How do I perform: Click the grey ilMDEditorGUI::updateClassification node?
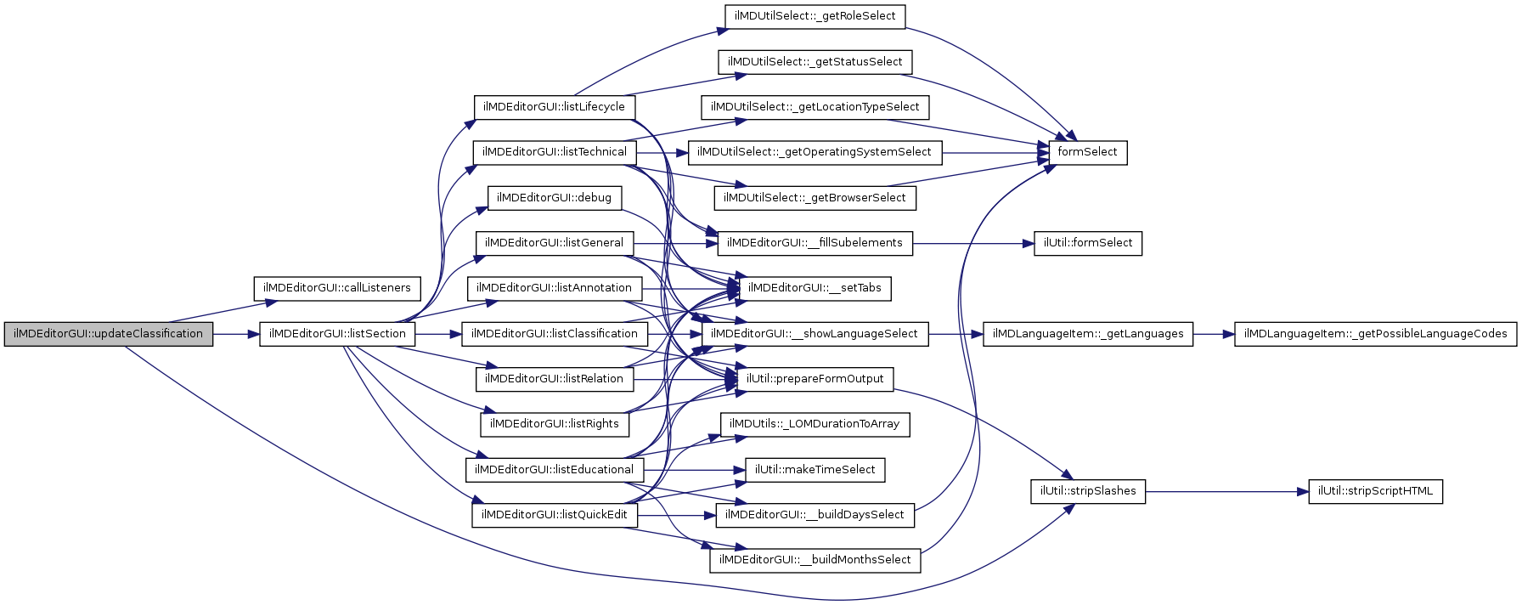[109, 334]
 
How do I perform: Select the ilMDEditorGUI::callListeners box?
[336, 288]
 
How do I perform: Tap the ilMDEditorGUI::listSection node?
[337, 334]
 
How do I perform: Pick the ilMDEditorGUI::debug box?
[554, 198]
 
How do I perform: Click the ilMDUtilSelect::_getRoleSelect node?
[815, 16]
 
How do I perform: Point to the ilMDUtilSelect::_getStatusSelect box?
[815, 62]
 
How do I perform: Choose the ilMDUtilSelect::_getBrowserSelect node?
[815, 198]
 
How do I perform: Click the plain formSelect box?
[1087, 152]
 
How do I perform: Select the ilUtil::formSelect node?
[1087, 243]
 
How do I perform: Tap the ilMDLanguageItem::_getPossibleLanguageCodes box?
[1375, 334]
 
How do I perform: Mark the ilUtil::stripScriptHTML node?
[1375, 491]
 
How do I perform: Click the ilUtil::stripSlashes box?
[1087, 491]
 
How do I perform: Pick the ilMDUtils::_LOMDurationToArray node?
[815, 424]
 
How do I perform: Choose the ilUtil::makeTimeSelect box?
[815, 470]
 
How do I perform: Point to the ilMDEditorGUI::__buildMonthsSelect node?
[815, 560]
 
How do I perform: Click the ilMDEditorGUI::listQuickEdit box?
[554, 515]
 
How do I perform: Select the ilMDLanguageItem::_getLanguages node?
[1087, 334]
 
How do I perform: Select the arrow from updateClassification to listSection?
[236, 334]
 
